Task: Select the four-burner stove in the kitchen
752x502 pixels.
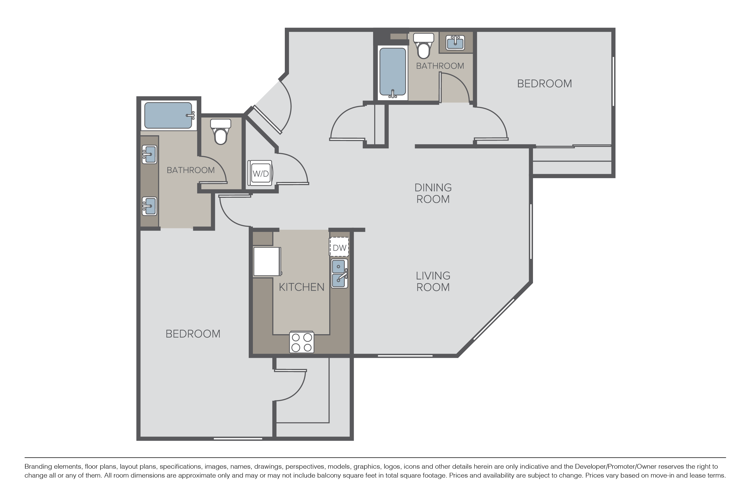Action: pyautogui.click(x=302, y=342)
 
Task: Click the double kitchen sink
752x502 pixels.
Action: pyautogui.click(x=339, y=273)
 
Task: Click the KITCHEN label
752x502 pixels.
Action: pyautogui.click(x=302, y=287)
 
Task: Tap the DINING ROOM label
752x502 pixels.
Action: pyautogui.click(x=433, y=193)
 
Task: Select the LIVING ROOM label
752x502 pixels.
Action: pyautogui.click(x=433, y=281)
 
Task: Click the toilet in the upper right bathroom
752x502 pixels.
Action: pyautogui.click(x=424, y=46)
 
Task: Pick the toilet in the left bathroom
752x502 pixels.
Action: pyautogui.click(x=221, y=132)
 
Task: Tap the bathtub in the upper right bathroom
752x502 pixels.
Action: pyautogui.click(x=393, y=72)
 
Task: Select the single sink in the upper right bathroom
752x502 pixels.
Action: pyautogui.click(x=455, y=43)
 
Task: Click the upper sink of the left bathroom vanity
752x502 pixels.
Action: pyautogui.click(x=149, y=154)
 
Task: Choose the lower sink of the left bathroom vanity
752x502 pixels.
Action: pyautogui.click(x=149, y=206)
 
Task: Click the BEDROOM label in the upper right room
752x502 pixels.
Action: pyautogui.click(x=544, y=84)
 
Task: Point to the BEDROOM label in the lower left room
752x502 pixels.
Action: pyautogui.click(x=193, y=334)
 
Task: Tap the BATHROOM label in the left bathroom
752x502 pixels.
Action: pyautogui.click(x=191, y=170)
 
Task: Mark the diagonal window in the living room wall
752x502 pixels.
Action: pyautogui.click(x=494, y=319)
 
